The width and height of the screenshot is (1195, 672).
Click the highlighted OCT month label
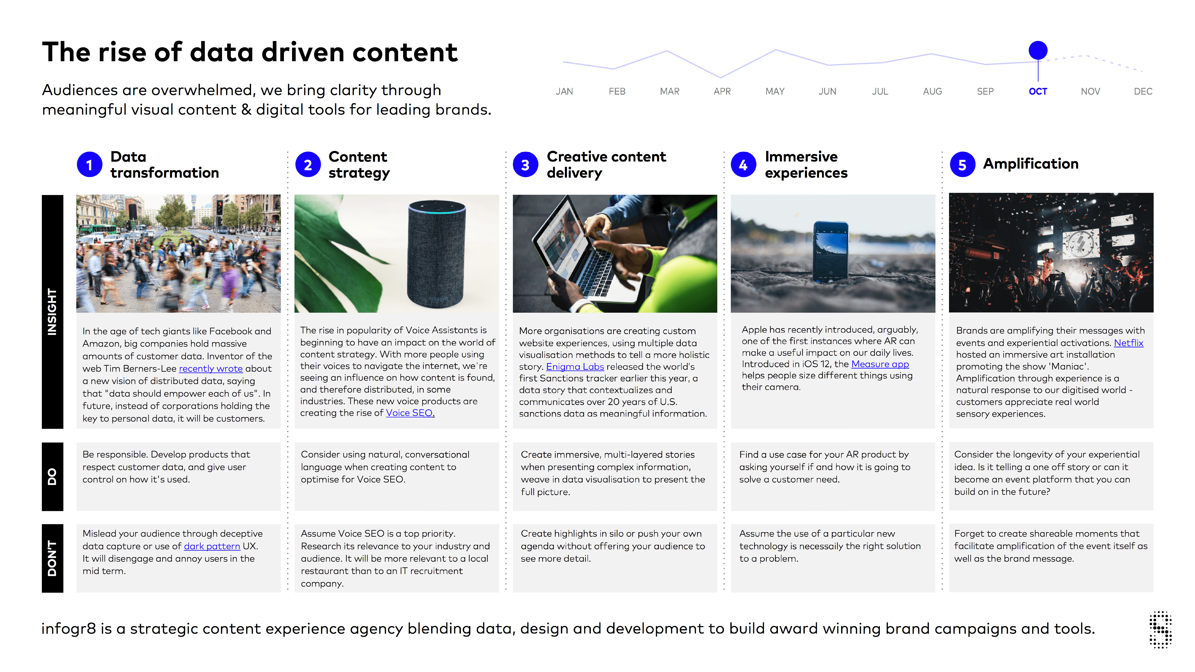click(1038, 91)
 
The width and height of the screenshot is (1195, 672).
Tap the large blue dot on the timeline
click(1038, 50)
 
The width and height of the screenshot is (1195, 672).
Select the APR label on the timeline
click(722, 91)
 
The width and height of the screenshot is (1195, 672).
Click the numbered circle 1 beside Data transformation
click(90, 165)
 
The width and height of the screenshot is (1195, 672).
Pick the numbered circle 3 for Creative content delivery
click(525, 165)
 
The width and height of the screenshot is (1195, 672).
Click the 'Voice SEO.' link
click(410, 413)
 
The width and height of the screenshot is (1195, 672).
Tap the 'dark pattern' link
click(212, 546)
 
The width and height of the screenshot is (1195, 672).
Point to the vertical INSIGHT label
click(53, 312)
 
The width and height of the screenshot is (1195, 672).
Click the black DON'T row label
click(53, 558)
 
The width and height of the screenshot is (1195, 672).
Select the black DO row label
click(53, 477)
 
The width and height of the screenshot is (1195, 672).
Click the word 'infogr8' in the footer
click(69, 629)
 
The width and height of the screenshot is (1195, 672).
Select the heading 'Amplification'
click(1031, 164)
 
